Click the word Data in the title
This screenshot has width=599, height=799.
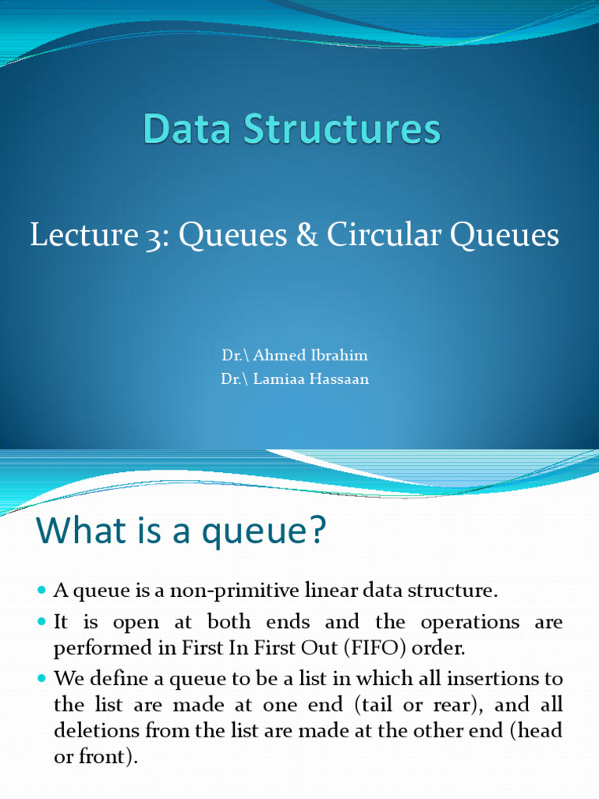point(187,129)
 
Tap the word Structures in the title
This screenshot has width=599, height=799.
point(342,129)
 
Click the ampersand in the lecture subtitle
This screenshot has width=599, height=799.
point(307,234)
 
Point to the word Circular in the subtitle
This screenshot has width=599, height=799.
point(384,234)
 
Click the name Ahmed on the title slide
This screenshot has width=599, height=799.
point(279,355)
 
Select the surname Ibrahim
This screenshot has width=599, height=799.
point(338,355)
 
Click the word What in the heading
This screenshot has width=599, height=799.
point(81,530)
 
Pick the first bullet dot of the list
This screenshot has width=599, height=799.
point(42,591)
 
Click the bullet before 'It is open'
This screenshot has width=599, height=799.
point(42,622)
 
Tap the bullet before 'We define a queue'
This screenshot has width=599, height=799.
point(42,678)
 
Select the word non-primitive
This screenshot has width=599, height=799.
point(234,591)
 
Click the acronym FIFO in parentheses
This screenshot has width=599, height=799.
point(375,648)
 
